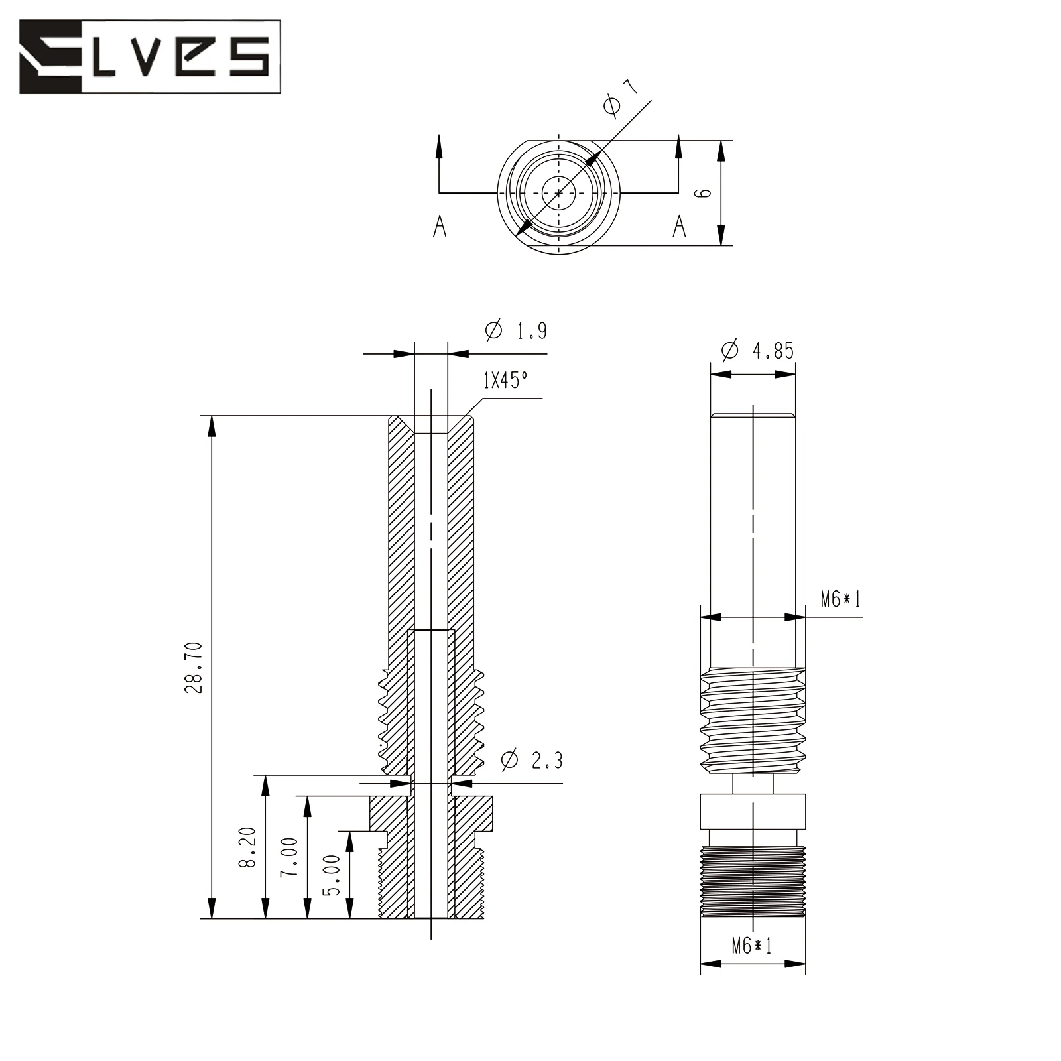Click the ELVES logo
150,56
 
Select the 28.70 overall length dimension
194,667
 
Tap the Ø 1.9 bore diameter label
517,330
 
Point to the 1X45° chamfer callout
505,380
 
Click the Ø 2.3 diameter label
532,759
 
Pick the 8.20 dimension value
247,847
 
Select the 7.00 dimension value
289,857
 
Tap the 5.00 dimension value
332,875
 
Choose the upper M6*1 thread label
840,599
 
